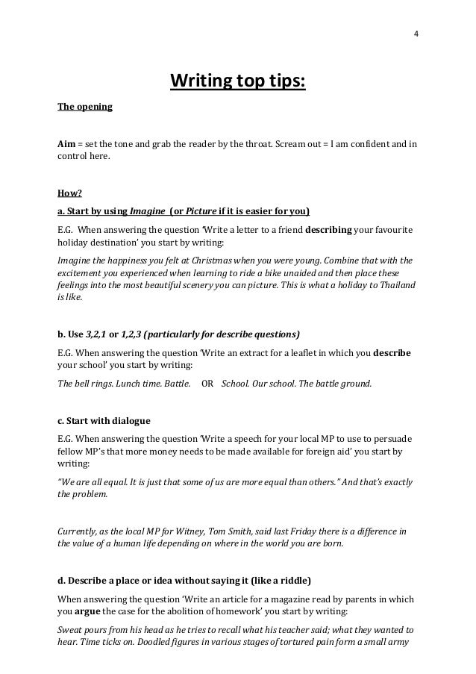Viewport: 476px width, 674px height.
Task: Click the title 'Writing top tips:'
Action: (238, 80)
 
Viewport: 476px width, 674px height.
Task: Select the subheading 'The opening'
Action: (85, 107)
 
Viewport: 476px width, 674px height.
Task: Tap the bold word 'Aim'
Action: (66, 143)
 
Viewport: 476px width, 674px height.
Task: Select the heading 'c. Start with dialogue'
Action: (104, 419)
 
